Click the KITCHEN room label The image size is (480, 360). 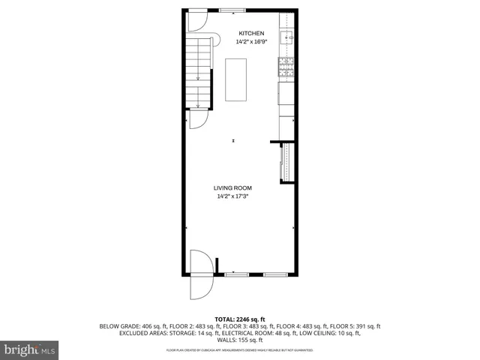coord(251,34)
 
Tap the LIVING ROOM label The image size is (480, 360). coord(232,188)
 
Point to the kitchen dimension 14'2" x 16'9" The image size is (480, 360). coord(251,43)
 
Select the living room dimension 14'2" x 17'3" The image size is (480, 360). coord(232,197)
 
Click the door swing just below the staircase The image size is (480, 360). coord(199,119)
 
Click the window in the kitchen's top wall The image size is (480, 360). coord(231,9)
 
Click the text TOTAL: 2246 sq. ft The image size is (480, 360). coord(239,318)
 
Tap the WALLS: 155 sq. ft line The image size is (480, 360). coord(239,340)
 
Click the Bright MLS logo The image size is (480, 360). coord(30,349)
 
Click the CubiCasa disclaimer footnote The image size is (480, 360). coord(239,350)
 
